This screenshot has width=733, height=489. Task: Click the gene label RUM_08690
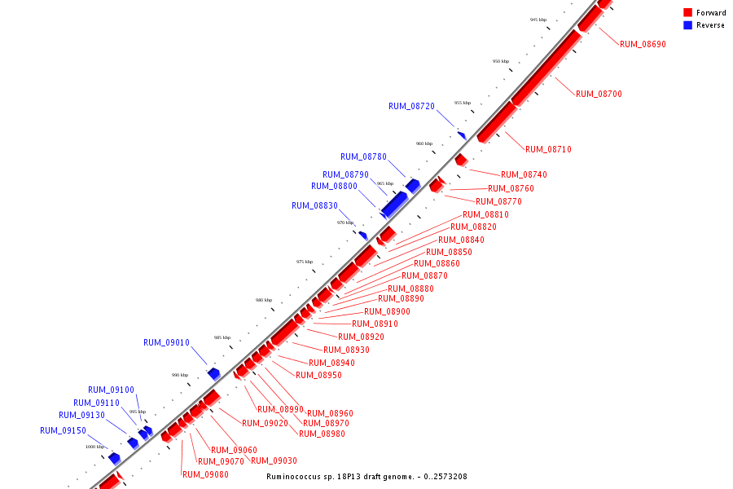643,44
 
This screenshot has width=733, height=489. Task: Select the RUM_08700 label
599,94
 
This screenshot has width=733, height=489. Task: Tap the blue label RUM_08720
411,106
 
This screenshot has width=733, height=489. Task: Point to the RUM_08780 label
363,156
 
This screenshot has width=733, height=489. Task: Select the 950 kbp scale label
500,61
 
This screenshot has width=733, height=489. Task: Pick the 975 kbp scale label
304,262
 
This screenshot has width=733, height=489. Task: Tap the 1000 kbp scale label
95,447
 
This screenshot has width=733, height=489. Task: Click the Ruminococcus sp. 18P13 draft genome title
366,477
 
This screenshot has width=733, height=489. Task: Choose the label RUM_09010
166,342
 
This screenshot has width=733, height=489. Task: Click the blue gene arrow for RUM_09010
214,373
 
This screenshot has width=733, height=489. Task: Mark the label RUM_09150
63,430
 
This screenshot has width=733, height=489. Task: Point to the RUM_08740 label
524,174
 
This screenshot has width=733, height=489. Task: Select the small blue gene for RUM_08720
462,135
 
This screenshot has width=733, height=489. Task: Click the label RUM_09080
205,474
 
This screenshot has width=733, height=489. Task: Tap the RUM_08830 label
314,205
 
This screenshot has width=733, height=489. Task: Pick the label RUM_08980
322,434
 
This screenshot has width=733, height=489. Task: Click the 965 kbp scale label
385,183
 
